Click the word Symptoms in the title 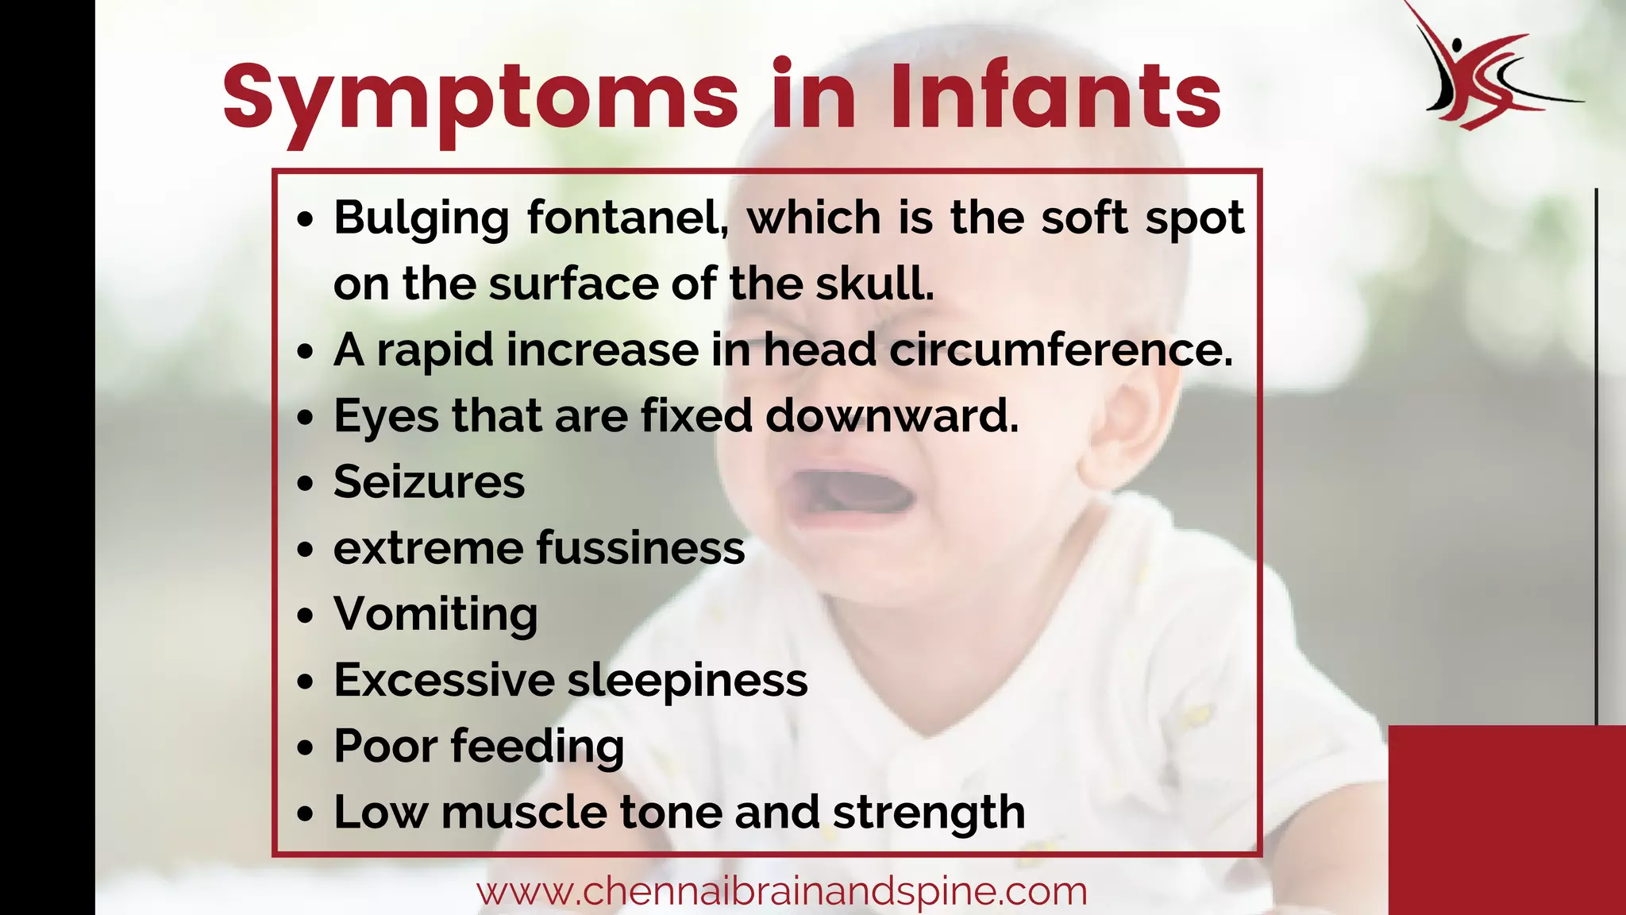[x=480, y=97]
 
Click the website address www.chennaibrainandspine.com [x=781, y=891]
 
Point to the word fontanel [x=627, y=218]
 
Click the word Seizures [x=429, y=482]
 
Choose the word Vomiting [x=435, y=615]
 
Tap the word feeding [x=537, y=747]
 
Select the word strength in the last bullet [x=928, y=813]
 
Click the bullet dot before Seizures [x=306, y=484]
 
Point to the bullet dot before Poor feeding [x=306, y=748]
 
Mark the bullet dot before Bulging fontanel [x=306, y=220]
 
